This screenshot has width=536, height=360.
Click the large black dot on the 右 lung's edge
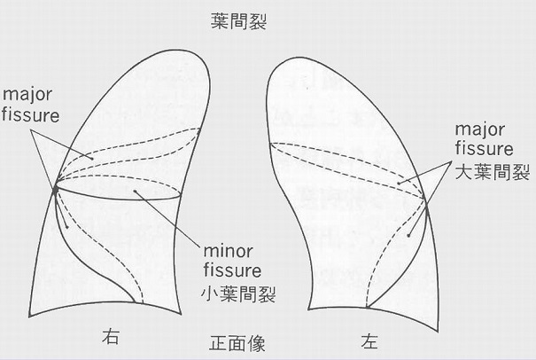coord(56,188)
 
